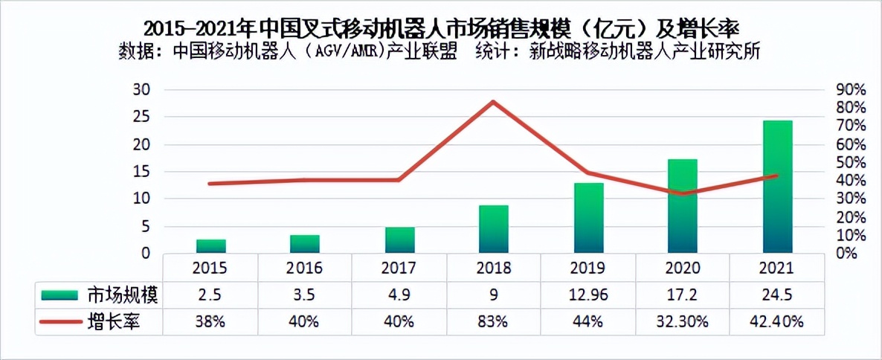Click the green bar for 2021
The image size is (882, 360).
(x=778, y=187)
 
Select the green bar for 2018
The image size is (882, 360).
(x=493, y=229)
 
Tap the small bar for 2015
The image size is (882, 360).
(x=211, y=246)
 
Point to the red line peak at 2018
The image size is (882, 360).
(x=493, y=102)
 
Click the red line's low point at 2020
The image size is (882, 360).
(x=683, y=193)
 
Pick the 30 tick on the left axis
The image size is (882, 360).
(x=141, y=89)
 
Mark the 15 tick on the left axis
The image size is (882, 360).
(x=141, y=172)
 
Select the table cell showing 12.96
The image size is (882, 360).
(x=588, y=295)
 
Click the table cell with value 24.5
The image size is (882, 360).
(x=778, y=295)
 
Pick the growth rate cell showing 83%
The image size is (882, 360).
(x=493, y=321)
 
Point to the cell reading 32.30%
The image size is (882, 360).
(x=683, y=321)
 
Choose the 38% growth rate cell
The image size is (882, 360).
(x=210, y=321)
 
